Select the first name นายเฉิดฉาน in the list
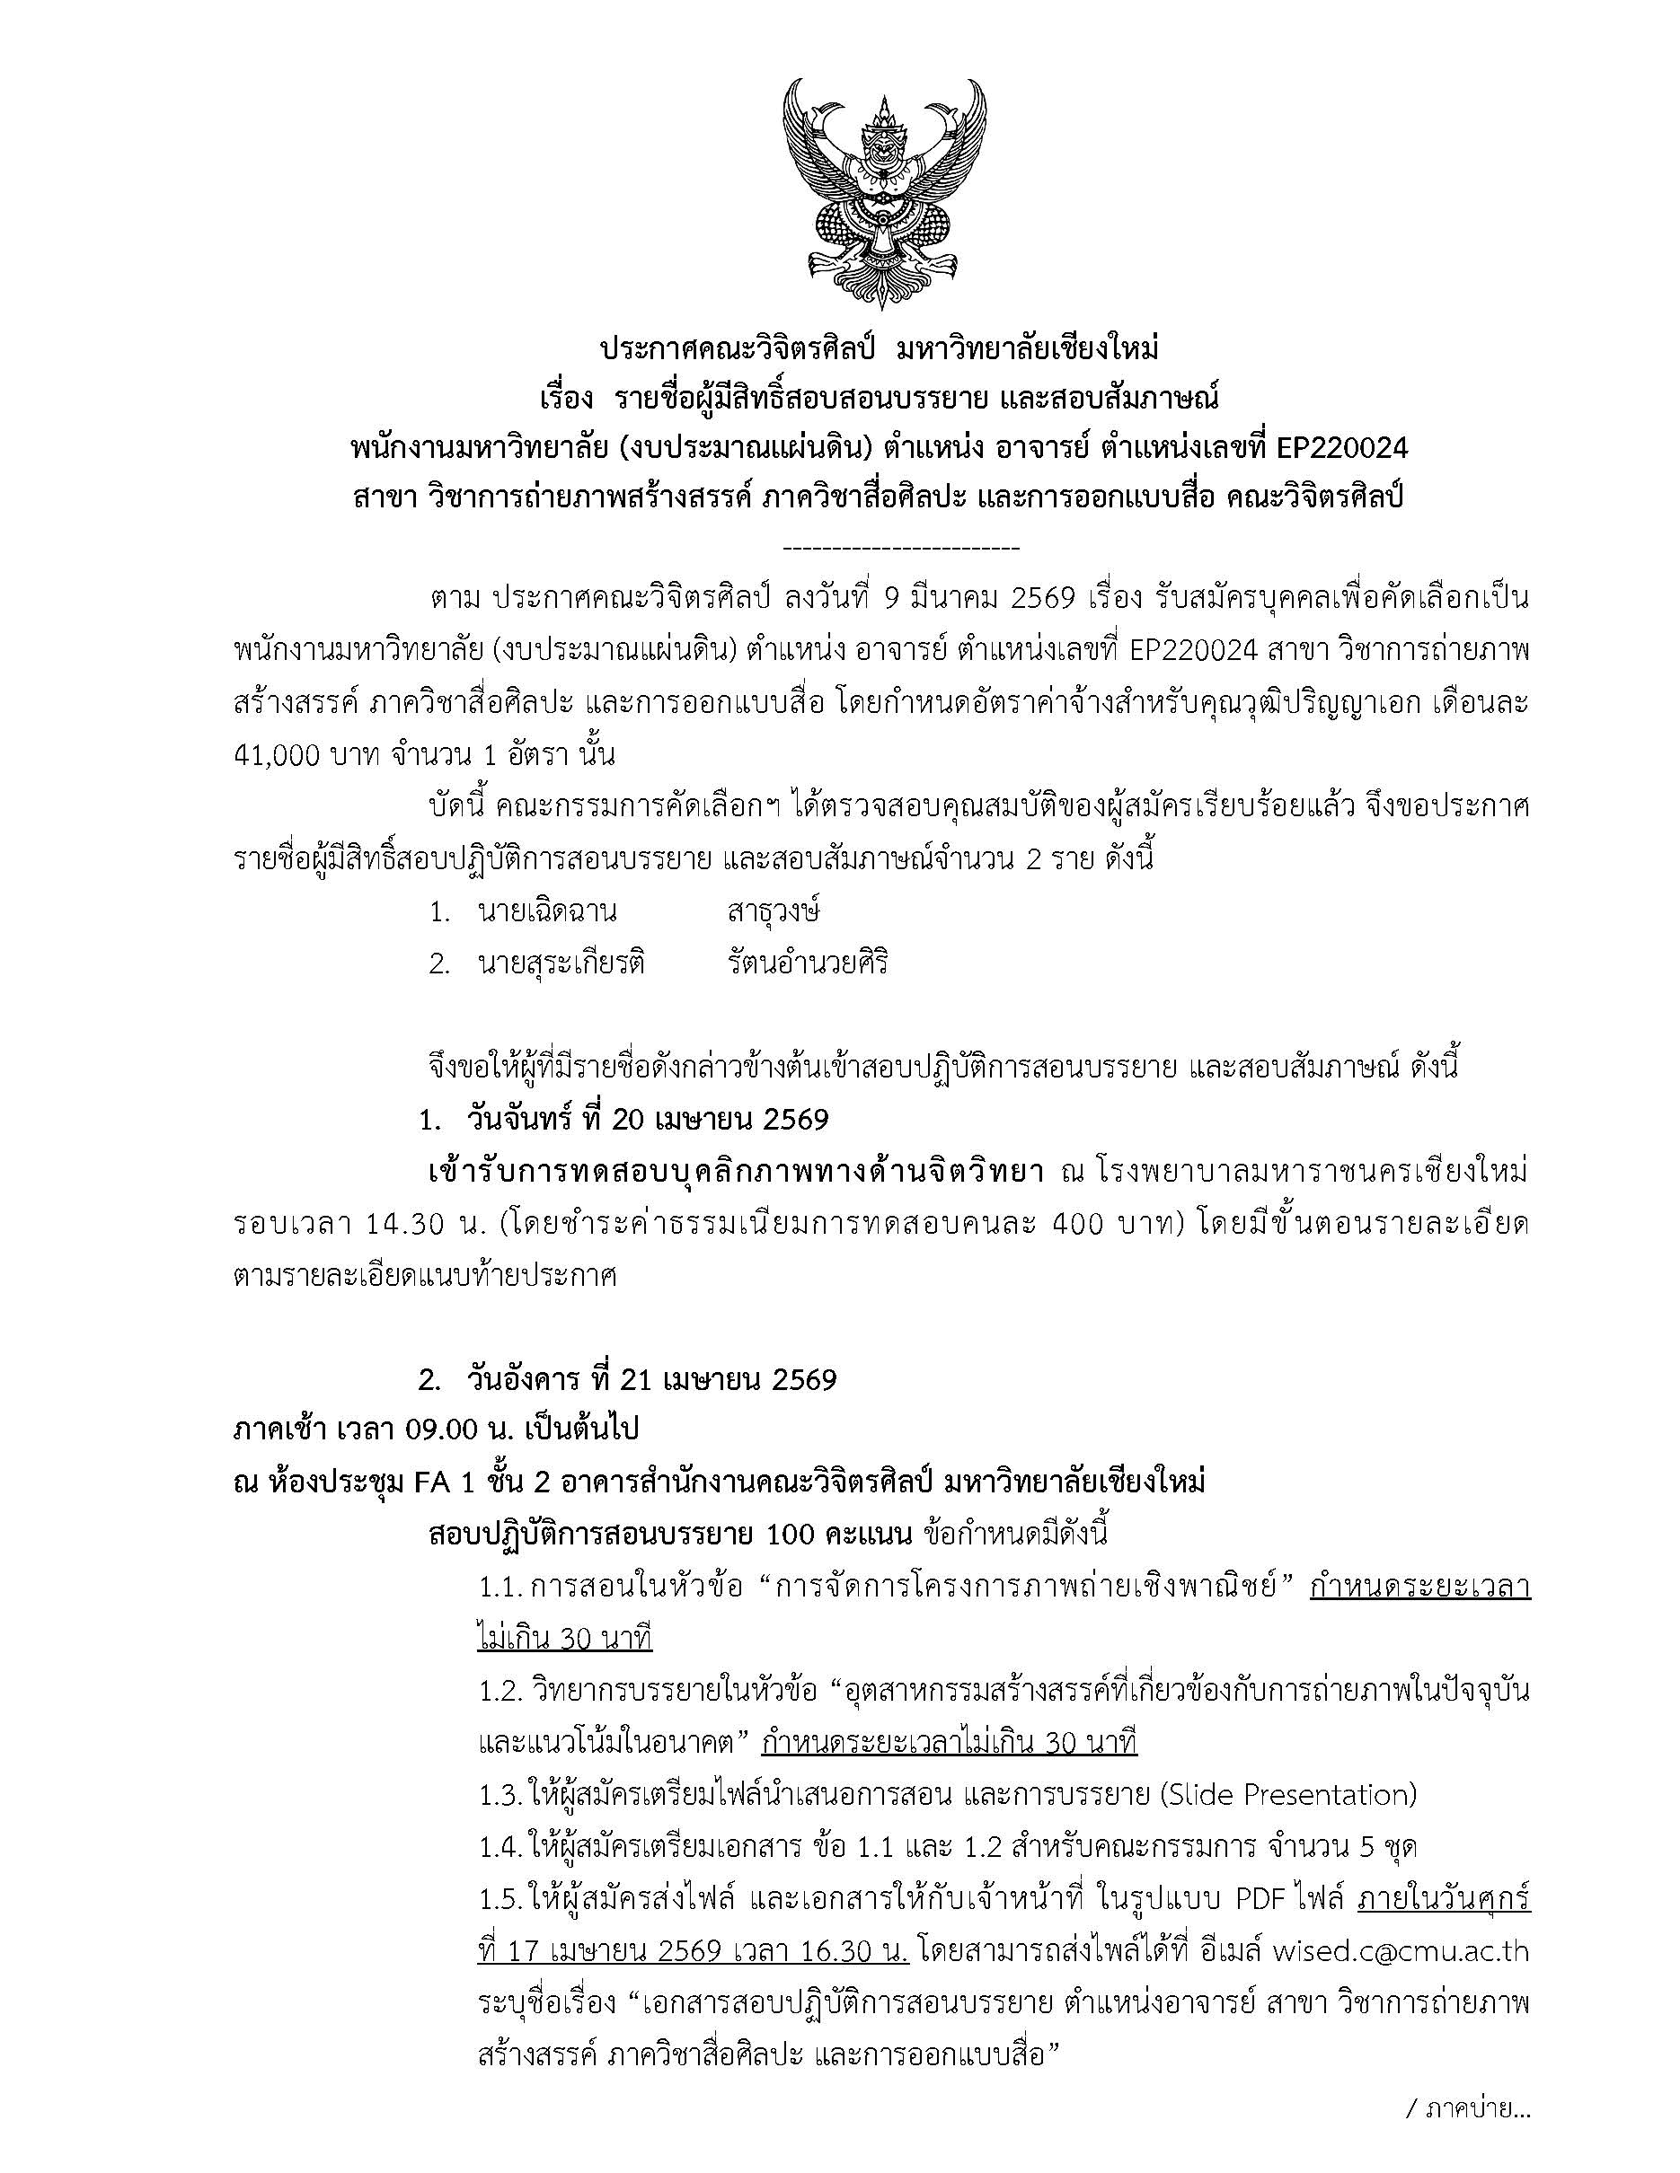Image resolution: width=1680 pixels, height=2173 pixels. [x=546, y=911]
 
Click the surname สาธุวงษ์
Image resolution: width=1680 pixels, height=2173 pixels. [x=774, y=911]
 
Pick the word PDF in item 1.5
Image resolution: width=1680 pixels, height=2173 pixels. [x=1261, y=1899]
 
